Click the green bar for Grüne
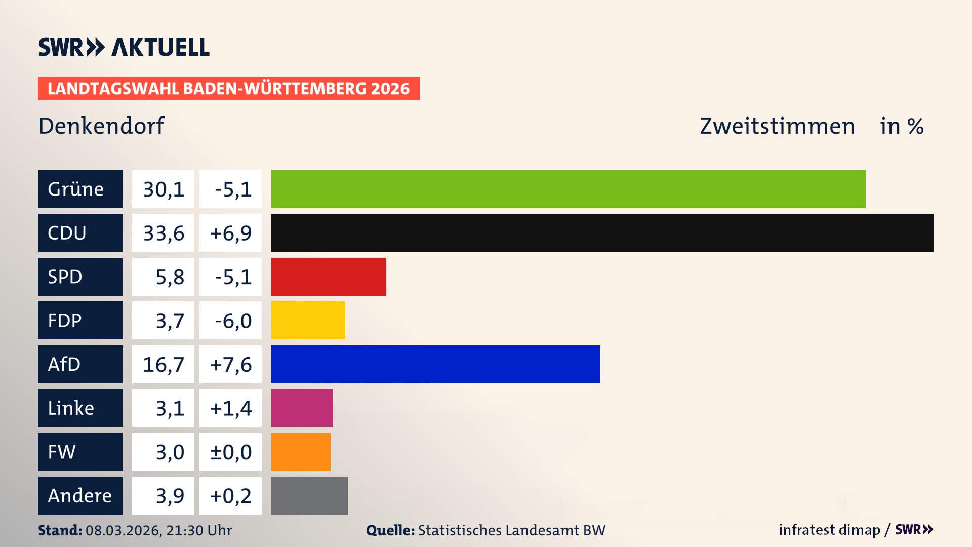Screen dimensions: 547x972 pyautogui.click(x=568, y=189)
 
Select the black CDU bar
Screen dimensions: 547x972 pyautogui.click(x=602, y=232)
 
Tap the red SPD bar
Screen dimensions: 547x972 pyautogui.click(x=329, y=277)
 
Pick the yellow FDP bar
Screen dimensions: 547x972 pyautogui.click(x=308, y=320)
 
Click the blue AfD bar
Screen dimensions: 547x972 pyautogui.click(x=435, y=364)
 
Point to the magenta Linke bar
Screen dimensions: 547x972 pyautogui.click(x=302, y=408)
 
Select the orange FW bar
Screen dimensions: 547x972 pyautogui.click(x=301, y=452)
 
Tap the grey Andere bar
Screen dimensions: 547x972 pyautogui.click(x=309, y=495)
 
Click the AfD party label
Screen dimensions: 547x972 pyautogui.click(x=80, y=364)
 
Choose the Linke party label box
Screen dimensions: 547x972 pyautogui.click(x=80, y=408)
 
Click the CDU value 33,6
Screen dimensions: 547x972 pyautogui.click(x=163, y=233)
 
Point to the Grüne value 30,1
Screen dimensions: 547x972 pyautogui.click(x=163, y=189)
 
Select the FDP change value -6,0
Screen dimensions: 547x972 pyautogui.click(x=231, y=321)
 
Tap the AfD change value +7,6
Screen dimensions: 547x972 pyautogui.click(x=231, y=365)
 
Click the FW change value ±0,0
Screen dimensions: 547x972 pyautogui.click(x=231, y=452)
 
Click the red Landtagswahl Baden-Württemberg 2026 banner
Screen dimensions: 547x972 pyautogui.click(x=228, y=88)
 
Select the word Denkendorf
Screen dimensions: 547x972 pyautogui.click(x=101, y=126)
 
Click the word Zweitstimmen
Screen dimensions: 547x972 pyautogui.click(x=777, y=126)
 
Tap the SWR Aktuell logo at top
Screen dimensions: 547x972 pyautogui.click(x=124, y=47)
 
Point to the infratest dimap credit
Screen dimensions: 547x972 pyautogui.click(x=829, y=530)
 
